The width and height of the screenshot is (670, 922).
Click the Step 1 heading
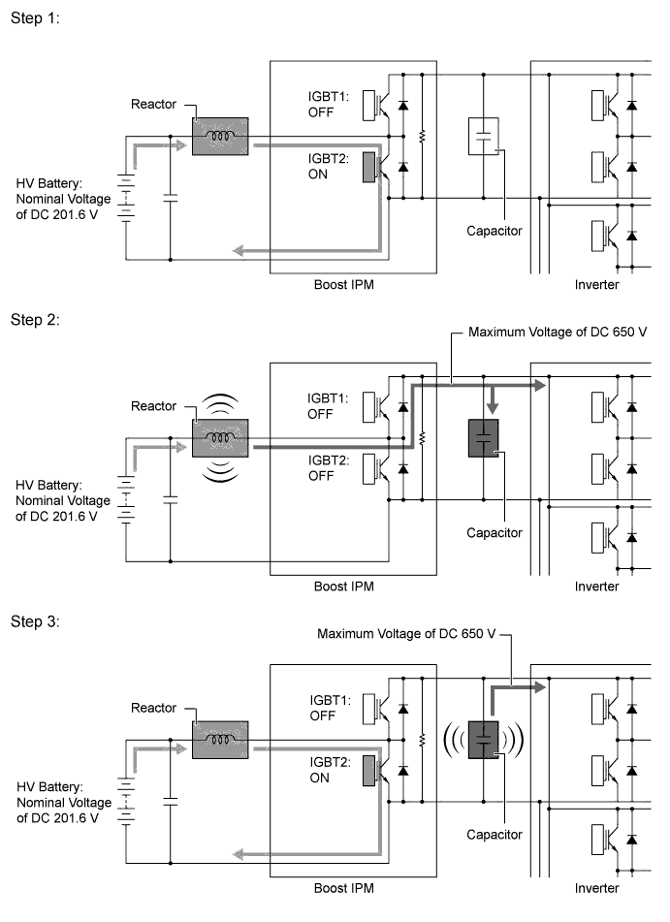tap(35, 18)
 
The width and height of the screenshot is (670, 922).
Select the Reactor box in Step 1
tap(220, 137)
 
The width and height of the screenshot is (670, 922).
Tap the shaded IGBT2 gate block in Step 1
tap(368, 167)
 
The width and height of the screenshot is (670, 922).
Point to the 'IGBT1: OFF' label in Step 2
tap(328, 405)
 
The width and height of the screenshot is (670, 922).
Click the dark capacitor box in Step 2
tap(484, 438)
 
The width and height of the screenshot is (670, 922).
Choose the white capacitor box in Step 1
tap(484, 137)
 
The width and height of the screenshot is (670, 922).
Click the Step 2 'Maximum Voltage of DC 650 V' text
tap(558, 332)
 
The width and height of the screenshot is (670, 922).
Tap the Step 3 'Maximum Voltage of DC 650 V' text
tap(406, 634)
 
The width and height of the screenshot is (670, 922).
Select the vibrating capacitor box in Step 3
tap(484, 740)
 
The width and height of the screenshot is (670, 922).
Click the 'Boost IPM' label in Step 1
tap(344, 285)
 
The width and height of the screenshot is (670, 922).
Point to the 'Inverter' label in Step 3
tap(596, 888)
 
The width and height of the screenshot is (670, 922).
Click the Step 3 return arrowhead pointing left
tap(239, 854)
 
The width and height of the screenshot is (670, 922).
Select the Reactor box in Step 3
tap(220, 740)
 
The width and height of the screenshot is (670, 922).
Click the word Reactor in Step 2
tap(153, 405)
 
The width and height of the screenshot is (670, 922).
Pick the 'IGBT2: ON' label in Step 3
tap(330, 770)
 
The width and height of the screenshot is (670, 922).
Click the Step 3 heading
tap(35, 621)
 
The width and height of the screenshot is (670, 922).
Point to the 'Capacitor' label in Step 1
tap(495, 231)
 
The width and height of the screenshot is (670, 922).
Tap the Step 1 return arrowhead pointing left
tap(239, 251)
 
